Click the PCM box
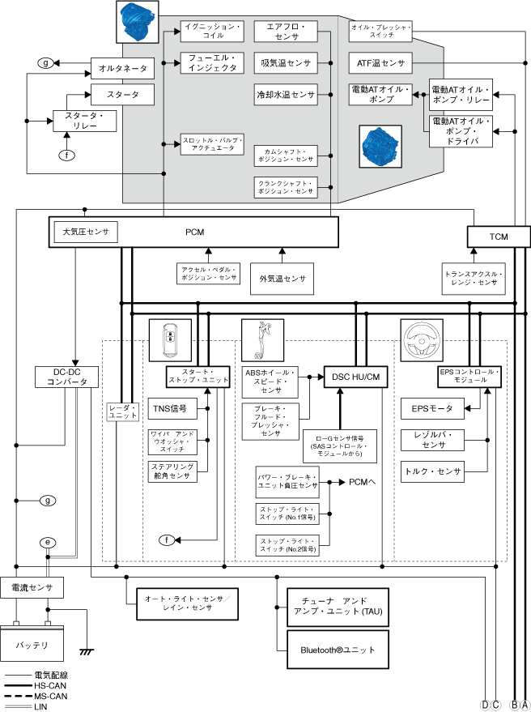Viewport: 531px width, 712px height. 194,233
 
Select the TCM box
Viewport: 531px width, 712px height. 498,237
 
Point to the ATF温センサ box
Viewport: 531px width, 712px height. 380,62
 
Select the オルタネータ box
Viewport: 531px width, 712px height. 122,68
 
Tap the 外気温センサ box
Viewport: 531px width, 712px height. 282,279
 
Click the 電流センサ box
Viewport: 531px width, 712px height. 32,587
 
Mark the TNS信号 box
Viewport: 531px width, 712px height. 169,408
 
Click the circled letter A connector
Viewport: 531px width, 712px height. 525,705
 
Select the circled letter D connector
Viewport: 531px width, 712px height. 486,705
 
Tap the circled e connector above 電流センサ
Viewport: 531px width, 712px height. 48,542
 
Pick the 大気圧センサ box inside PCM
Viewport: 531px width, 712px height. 86,232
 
